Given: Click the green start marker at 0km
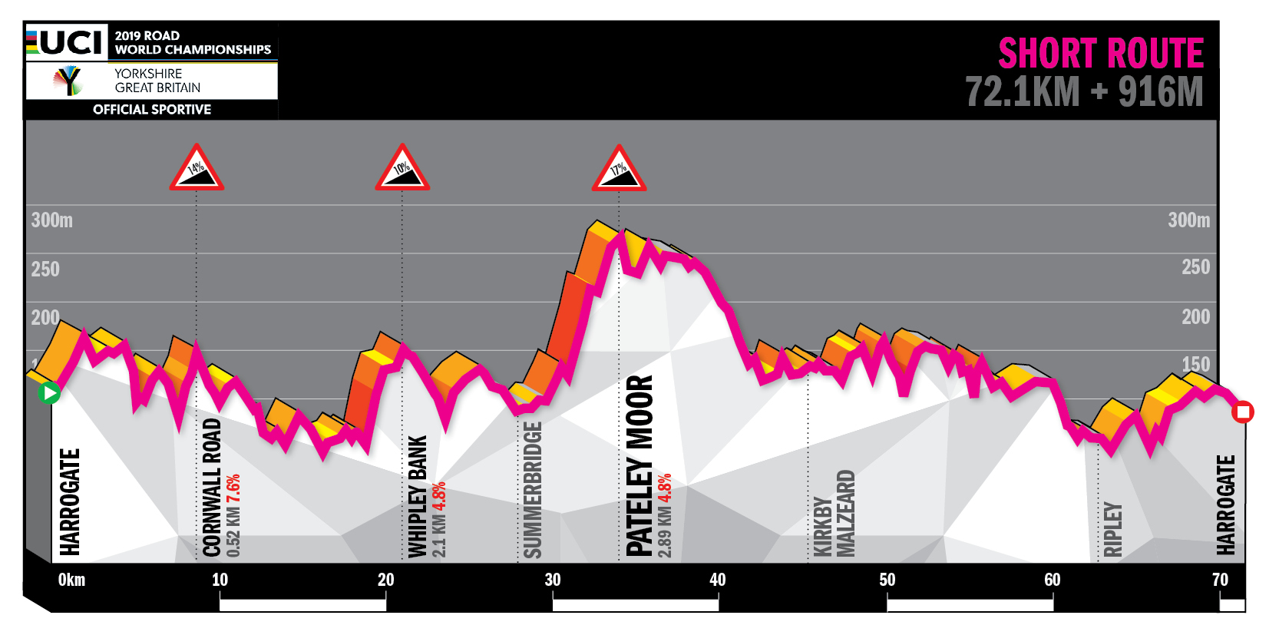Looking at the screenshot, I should click(x=49, y=393).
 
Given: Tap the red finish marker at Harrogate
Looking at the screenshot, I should click(x=1242, y=412).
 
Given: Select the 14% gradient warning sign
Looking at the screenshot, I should click(x=197, y=168).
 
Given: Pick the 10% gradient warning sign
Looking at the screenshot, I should click(x=402, y=168).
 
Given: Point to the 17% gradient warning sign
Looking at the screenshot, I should click(x=619, y=169).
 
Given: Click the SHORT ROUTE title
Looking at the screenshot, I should click(x=1100, y=54).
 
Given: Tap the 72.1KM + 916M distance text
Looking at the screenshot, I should click(x=1083, y=92).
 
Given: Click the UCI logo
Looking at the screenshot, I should click(x=66, y=42).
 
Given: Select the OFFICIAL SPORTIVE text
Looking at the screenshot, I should click(x=152, y=109).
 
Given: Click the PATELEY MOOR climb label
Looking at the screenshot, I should click(x=639, y=465).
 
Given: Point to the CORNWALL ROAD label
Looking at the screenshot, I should click(x=212, y=488).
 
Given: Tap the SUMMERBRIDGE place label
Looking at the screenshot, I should click(x=532, y=490).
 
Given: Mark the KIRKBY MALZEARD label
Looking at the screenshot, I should click(x=834, y=513).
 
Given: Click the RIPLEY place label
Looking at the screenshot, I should click(x=1112, y=529).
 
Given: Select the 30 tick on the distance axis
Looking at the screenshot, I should click(x=553, y=580).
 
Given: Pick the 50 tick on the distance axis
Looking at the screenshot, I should click(x=887, y=580).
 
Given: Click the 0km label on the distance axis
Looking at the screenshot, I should click(x=71, y=580).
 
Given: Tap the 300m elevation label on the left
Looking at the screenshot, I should click(x=51, y=220).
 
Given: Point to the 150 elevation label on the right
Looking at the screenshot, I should click(x=1195, y=364).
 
